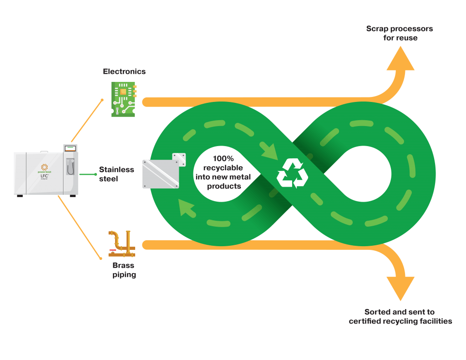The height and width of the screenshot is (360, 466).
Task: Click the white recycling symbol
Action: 292,173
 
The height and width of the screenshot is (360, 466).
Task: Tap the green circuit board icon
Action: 123,99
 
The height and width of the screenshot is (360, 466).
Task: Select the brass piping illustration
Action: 122,244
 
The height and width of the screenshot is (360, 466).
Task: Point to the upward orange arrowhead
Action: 400,59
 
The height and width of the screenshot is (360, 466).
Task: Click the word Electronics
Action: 124,71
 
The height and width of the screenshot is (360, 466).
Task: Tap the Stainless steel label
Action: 116,174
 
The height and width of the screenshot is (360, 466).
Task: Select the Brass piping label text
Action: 124,270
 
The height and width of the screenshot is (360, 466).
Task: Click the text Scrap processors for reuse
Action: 400,33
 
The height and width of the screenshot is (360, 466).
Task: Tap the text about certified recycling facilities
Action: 400,317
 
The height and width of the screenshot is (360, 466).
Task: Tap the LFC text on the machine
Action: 44,175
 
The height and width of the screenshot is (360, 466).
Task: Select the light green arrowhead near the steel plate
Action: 187,208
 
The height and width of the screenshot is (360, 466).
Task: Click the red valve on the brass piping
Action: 112,250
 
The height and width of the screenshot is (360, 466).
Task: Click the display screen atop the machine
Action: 70,148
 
